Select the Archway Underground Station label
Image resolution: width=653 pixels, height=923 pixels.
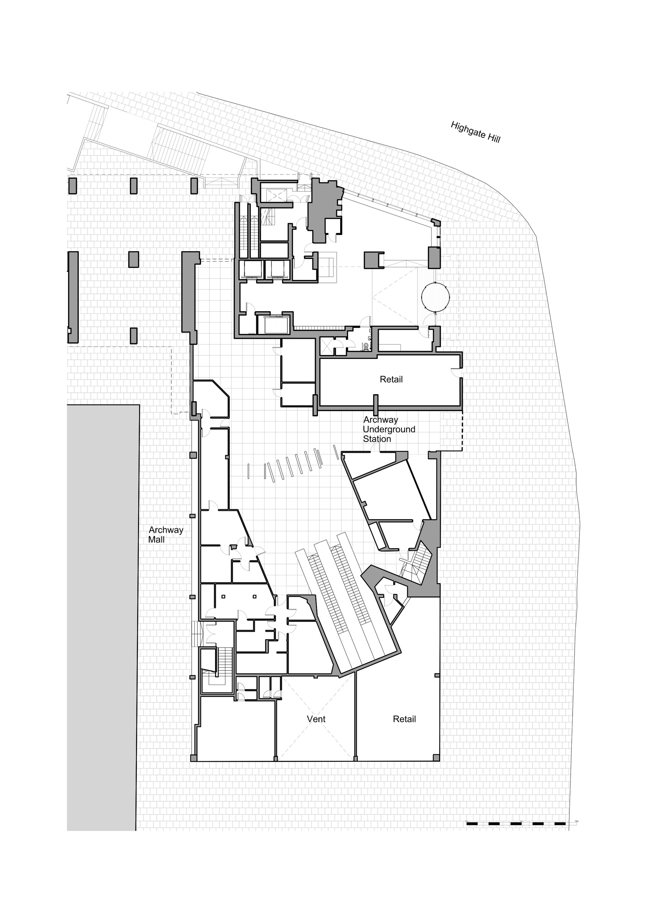coord(389,429)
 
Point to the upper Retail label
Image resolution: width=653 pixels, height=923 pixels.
coord(391,379)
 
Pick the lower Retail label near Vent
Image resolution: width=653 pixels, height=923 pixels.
coord(404,719)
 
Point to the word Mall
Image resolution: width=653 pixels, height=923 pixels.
coord(156,540)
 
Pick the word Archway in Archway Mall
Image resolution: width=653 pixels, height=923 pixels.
coord(166,530)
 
